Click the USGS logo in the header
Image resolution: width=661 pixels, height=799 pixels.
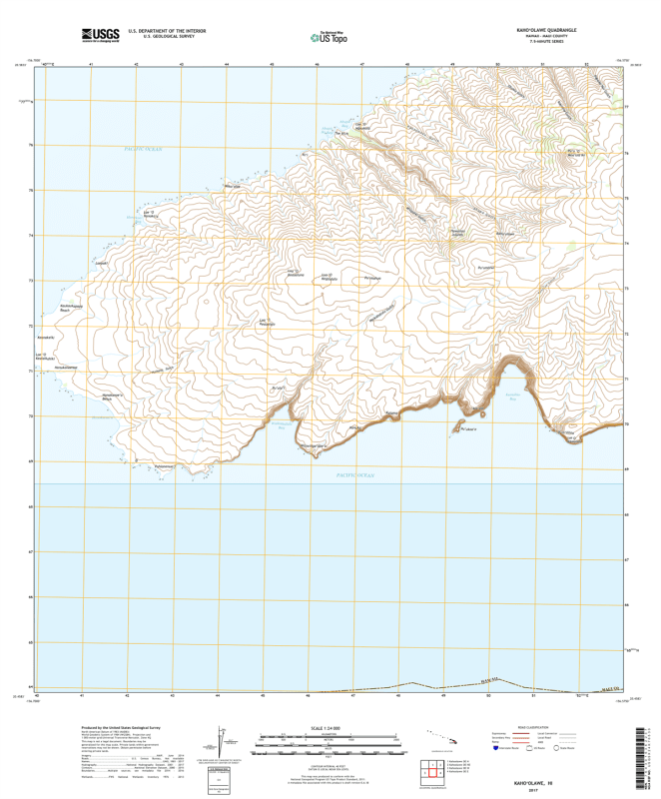[101, 36]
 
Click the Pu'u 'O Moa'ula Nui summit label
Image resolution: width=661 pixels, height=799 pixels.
[573, 152]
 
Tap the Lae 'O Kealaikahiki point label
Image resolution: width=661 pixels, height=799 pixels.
[41, 355]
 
